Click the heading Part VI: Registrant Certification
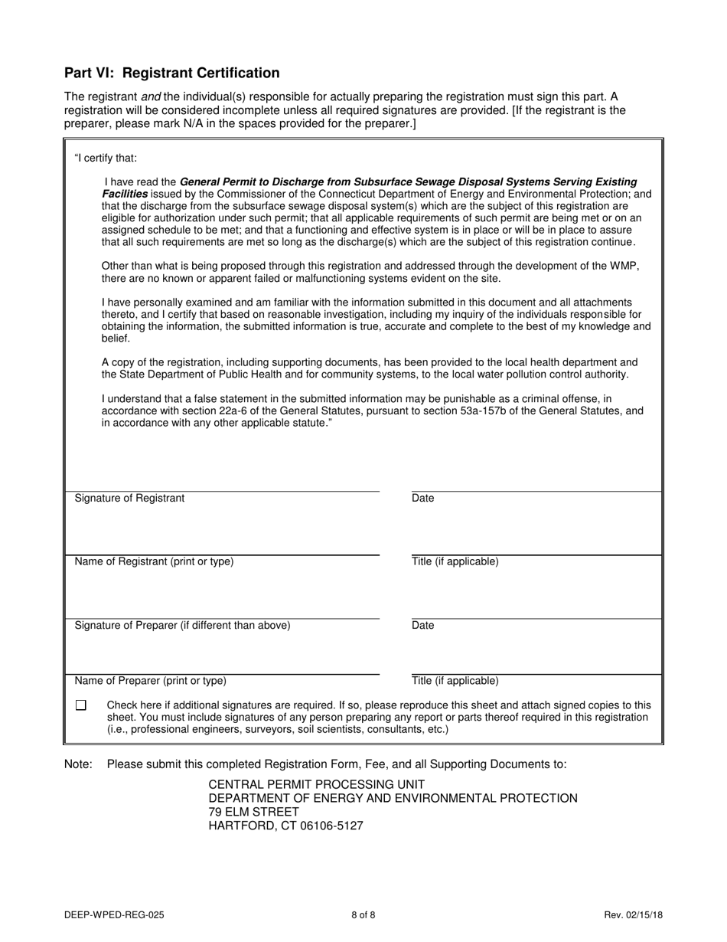point(171,74)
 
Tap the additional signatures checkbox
point(81,705)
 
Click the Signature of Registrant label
point(129,499)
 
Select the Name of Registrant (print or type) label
point(154,562)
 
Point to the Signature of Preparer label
point(182,626)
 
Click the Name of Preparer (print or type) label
point(150,681)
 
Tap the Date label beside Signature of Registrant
point(422,499)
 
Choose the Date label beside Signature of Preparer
point(422,626)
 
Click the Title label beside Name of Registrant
point(455,562)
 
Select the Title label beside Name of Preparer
point(455,681)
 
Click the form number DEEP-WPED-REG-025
point(114,914)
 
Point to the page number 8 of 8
point(363,914)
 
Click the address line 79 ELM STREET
point(253,813)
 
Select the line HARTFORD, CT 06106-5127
point(285,826)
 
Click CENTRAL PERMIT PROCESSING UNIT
point(316,785)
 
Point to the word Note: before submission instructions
point(78,764)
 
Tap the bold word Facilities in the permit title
point(125,195)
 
